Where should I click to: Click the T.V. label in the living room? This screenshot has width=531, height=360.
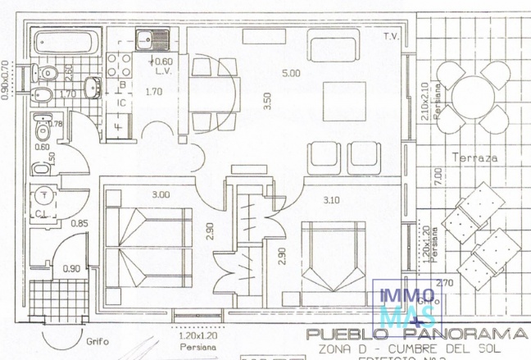390,38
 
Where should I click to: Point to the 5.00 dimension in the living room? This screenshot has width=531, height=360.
292,73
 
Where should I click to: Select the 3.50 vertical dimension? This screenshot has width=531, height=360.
267,101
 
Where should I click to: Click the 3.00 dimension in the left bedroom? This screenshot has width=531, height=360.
161,195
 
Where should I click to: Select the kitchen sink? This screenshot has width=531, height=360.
152,38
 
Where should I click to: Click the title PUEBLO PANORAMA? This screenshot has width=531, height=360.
415,335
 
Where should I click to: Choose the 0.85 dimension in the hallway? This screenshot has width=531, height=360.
79,222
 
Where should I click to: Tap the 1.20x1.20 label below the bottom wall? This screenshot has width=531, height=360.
197,336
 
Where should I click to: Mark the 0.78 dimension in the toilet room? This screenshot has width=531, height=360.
56,124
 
